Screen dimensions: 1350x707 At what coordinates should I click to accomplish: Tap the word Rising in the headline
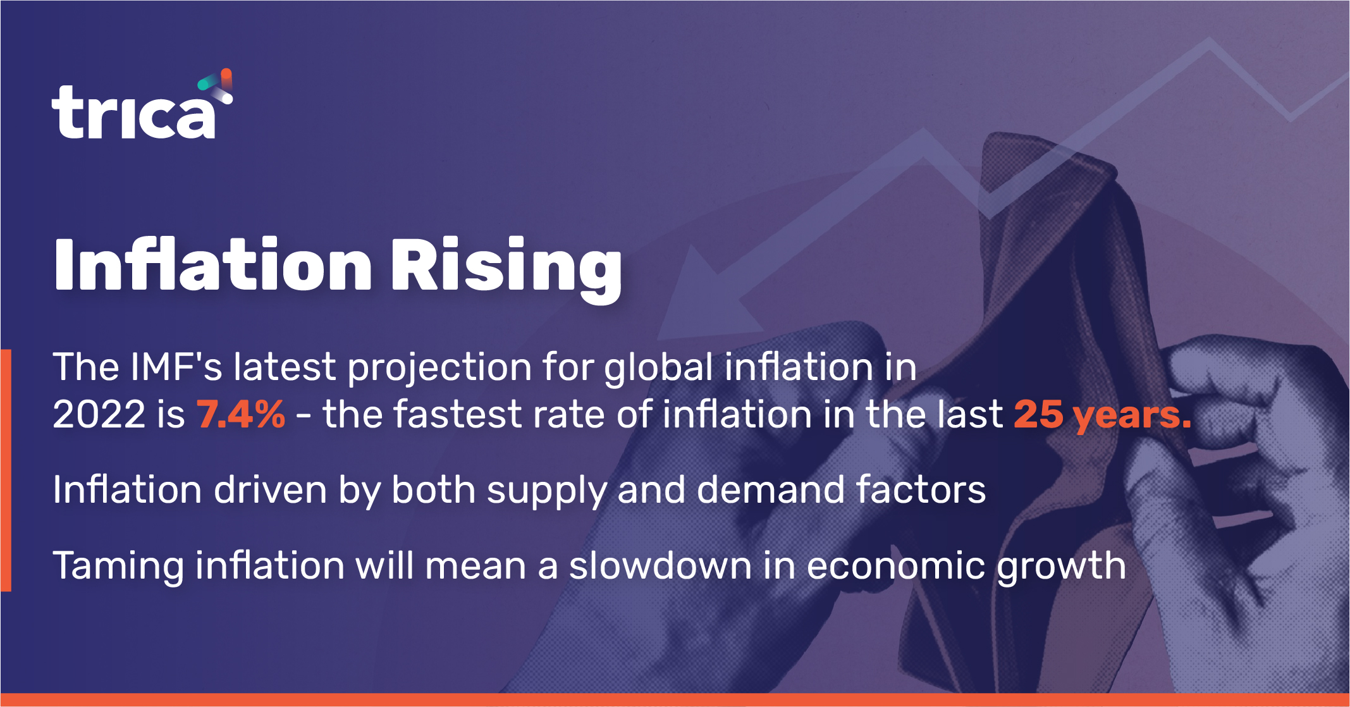click(506, 269)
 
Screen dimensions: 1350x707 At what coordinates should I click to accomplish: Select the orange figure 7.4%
click(241, 415)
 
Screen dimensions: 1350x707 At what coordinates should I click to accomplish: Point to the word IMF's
click(176, 367)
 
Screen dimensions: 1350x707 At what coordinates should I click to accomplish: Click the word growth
click(1062, 568)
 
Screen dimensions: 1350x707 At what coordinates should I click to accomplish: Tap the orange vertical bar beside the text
click(6, 470)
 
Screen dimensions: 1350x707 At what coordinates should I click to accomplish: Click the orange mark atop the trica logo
click(226, 79)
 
